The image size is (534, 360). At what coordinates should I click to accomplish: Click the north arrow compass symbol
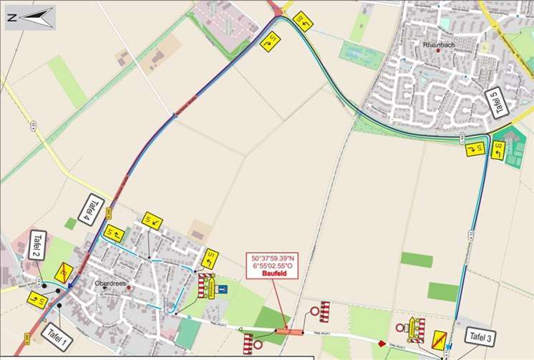30,15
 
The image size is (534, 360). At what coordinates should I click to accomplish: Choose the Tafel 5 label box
500,104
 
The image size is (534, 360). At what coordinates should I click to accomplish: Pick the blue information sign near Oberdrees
224,290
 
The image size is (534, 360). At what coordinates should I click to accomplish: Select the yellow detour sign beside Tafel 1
37,299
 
